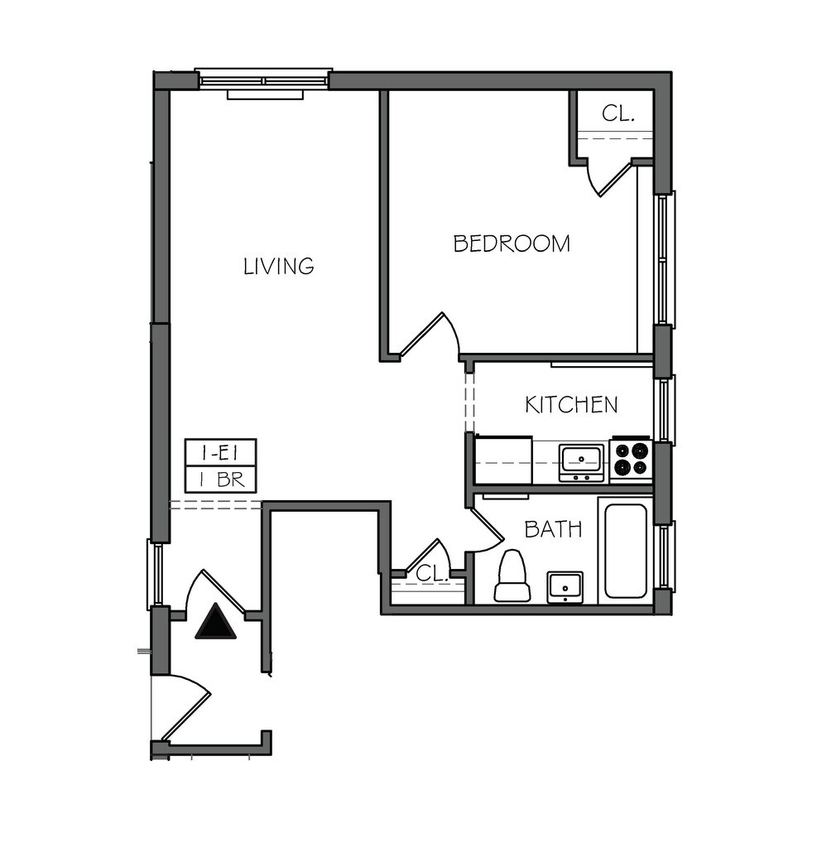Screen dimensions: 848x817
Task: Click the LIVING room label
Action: [x=278, y=266]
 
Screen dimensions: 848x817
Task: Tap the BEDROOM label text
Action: [x=511, y=243]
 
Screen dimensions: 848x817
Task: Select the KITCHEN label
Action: [x=571, y=404]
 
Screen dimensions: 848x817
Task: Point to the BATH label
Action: [x=552, y=529]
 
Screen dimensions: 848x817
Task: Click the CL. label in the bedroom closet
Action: [x=618, y=113]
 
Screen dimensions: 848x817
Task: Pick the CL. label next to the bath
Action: [x=431, y=573]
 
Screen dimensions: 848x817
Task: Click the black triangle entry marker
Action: [x=215, y=621]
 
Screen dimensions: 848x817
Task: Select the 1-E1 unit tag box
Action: [x=220, y=453]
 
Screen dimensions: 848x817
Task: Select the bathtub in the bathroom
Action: [x=625, y=550]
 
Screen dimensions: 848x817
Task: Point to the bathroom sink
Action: [x=565, y=586]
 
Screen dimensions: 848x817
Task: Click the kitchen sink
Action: [x=581, y=461]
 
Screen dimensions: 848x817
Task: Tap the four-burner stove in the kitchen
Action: [x=631, y=460]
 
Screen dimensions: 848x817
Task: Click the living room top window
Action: [x=264, y=81]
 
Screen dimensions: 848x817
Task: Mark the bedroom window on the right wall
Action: [x=665, y=259]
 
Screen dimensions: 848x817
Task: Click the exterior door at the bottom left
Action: [x=184, y=708]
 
